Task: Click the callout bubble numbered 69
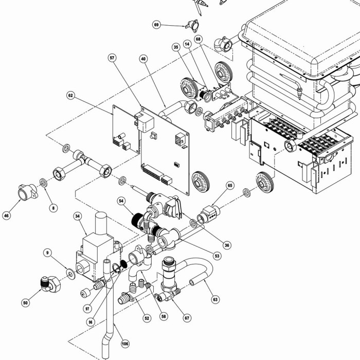pyautogui.click(x=156, y=25)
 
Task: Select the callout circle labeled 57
pyautogui.click(x=112, y=58)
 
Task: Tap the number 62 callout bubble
pyautogui.click(x=71, y=95)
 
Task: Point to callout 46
pyautogui.click(x=6, y=215)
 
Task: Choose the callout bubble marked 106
pyautogui.click(x=125, y=344)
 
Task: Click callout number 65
pyautogui.click(x=230, y=186)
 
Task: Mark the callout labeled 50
pyautogui.click(x=26, y=303)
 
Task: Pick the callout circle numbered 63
pyautogui.click(x=215, y=299)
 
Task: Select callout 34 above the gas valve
pyautogui.click(x=78, y=217)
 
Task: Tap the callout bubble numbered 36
pyautogui.click(x=227, y=245)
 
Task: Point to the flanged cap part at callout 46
pyautogui.click(x=27, y=192)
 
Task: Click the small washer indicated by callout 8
pyautogui.click(x=43, y=183)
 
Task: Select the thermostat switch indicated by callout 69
pyautogui.click(x=193, y=26)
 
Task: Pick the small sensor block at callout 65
pyautogui.click(x=208, y=214)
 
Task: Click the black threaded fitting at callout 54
pyautogui.click(x=138, y=221)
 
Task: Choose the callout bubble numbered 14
pyautogui.click(x=188, y=44)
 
